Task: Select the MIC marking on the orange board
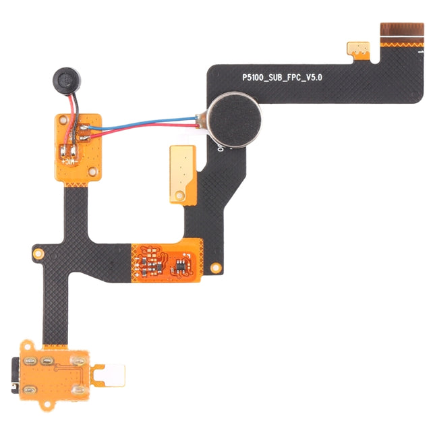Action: click(x=69, y=161)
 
